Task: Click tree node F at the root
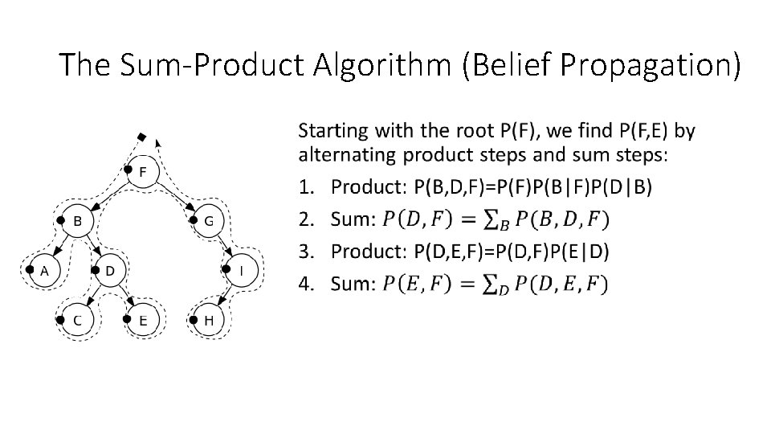[143, 172]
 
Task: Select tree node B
[78, 221]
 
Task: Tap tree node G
[208, 221]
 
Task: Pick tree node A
[45, 271]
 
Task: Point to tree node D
[110, 271]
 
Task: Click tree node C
[77, 320]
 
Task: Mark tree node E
[143, 320]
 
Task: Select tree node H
[209, 320]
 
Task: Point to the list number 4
[304, 283]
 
